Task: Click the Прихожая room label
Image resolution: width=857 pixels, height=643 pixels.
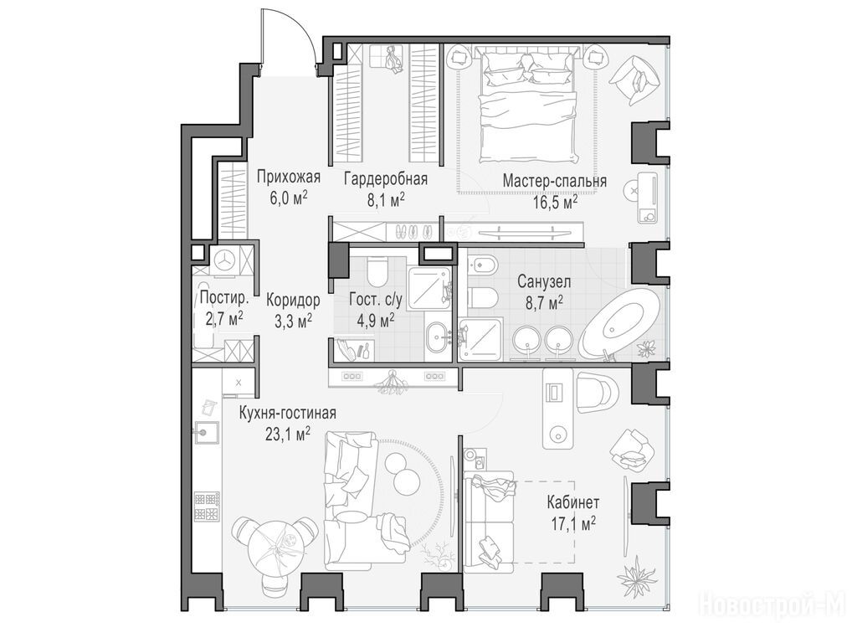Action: tap(288, 177)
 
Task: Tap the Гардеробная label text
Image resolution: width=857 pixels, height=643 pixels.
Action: tap(386, 179)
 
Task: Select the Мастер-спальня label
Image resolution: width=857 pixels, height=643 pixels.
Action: tap(555, 181)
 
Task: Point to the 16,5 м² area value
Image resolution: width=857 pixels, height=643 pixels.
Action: tap(556, 202)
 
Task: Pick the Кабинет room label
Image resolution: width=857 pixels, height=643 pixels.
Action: tap(573, 502)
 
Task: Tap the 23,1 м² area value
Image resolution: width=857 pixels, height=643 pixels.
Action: tap(288, 435)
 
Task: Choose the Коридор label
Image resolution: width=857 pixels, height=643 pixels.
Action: tap(294, 300)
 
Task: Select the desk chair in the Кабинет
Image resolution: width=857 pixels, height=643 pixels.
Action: tap(596, 393)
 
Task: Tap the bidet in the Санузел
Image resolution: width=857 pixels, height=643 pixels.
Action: tap(483, 265)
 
